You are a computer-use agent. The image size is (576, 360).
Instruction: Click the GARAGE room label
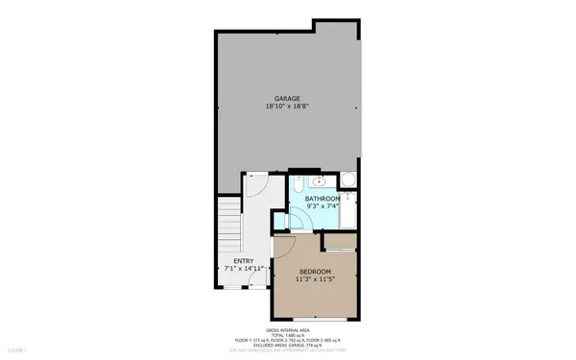[288, 99]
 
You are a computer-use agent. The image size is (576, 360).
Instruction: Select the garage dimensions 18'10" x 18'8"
[288, 108]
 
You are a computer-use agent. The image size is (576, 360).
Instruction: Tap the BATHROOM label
[323, 199]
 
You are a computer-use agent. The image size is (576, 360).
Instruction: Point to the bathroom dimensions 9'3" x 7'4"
[323, 207]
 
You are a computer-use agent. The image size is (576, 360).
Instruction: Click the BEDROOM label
[315, 273]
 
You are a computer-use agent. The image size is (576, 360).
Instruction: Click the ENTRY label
[244, 261]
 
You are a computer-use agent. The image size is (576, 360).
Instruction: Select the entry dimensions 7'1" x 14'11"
[244, 270]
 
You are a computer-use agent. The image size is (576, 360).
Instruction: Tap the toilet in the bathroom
[348, 180]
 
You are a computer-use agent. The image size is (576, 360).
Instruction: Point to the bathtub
[348, 213]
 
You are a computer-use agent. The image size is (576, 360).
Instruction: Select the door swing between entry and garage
[255, 183]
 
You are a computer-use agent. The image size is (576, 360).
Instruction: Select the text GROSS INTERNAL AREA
[287, 329]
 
